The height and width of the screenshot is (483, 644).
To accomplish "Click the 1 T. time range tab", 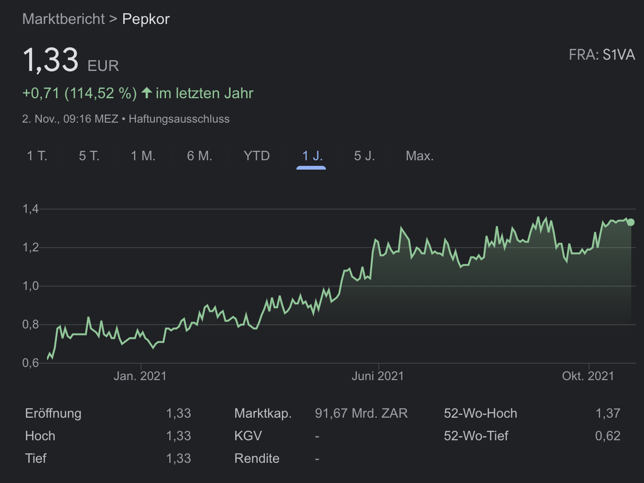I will (37, 156).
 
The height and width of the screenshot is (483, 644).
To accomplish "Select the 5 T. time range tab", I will (89, 156).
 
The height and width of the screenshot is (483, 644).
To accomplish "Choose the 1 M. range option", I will (143, 156).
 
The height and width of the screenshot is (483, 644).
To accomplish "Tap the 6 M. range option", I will (199, 156).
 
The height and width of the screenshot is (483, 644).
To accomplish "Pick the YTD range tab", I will (256, 156).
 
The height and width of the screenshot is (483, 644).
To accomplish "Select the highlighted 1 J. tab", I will (312, 156).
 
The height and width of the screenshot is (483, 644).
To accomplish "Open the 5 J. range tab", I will (364, 156).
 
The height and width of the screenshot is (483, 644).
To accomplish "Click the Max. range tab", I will (420, 156).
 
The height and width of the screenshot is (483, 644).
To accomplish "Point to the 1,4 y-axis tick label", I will (31, 209).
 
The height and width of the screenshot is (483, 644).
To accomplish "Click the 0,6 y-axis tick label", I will (31, 363).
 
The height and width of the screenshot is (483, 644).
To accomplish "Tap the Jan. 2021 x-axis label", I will (140, 376).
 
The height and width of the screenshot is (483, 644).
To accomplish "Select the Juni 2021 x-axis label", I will (378, 376).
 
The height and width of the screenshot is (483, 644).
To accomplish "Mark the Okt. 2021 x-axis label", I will (588, 376).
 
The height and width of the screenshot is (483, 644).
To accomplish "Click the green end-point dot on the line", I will (631, 222).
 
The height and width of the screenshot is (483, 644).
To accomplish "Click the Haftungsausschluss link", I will (179, 119).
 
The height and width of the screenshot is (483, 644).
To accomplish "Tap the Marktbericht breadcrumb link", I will (64, 19).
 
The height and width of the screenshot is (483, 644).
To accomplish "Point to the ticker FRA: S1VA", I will (602, 55).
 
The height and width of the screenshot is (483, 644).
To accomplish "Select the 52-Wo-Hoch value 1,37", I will (608, 413).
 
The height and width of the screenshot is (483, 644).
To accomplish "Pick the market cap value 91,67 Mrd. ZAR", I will (361, 413).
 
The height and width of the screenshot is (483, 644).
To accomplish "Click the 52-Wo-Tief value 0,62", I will (608, 436).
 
